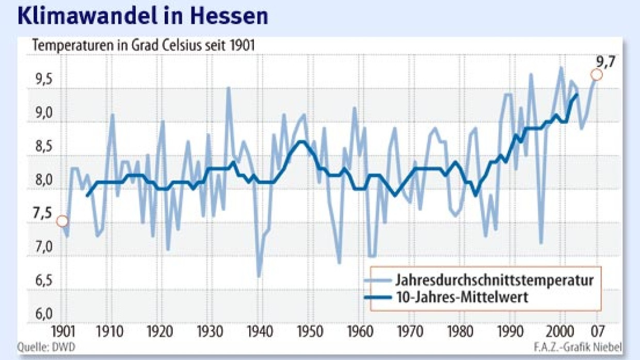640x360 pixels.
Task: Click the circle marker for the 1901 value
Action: pos(62,221)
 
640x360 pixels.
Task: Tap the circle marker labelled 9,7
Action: pos(596,75)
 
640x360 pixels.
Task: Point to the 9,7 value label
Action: pos(606,62)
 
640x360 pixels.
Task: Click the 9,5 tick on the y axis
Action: pos(43,81)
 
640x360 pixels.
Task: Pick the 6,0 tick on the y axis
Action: pos(43,314)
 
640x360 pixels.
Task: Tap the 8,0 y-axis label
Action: pos(43,181)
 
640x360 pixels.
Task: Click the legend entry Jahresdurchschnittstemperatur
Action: pos(494,281)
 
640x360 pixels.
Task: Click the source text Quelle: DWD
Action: pos(46,348)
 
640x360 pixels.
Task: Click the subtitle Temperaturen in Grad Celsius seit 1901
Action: pos(143,45)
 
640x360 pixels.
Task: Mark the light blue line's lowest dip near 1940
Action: pos(259,276)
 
